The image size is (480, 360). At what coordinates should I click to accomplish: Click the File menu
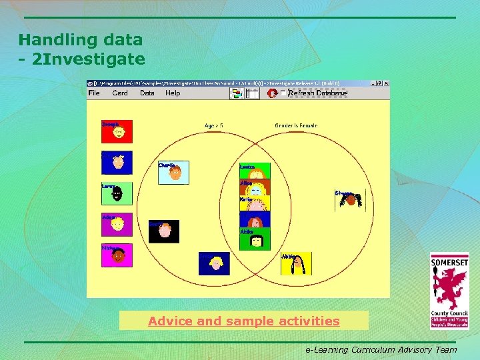[94, 93]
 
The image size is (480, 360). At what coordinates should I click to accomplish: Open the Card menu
[120, 93]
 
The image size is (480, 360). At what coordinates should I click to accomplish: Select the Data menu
[147, 93]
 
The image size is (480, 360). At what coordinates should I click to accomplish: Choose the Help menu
[173, 93]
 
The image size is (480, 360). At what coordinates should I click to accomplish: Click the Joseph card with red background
[117, 131]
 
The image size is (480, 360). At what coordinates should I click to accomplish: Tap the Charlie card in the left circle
[173, 173]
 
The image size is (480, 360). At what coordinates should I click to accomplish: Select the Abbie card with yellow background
[295, 264]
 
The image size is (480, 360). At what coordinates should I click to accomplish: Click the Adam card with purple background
[117, 225]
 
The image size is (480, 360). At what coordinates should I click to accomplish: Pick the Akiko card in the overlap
[255, 239]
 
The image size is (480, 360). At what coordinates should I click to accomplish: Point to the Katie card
[255, 203]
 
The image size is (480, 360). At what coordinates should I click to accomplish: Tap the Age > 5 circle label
[214, 125]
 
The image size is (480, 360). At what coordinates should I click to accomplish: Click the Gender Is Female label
[296, 125]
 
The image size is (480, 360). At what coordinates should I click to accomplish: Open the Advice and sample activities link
[243, 321]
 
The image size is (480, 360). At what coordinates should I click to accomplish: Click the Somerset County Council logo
[449, 291]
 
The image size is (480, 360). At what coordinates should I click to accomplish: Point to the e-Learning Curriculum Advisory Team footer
[381, 349]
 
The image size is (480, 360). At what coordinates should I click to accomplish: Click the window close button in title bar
[386, 83]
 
